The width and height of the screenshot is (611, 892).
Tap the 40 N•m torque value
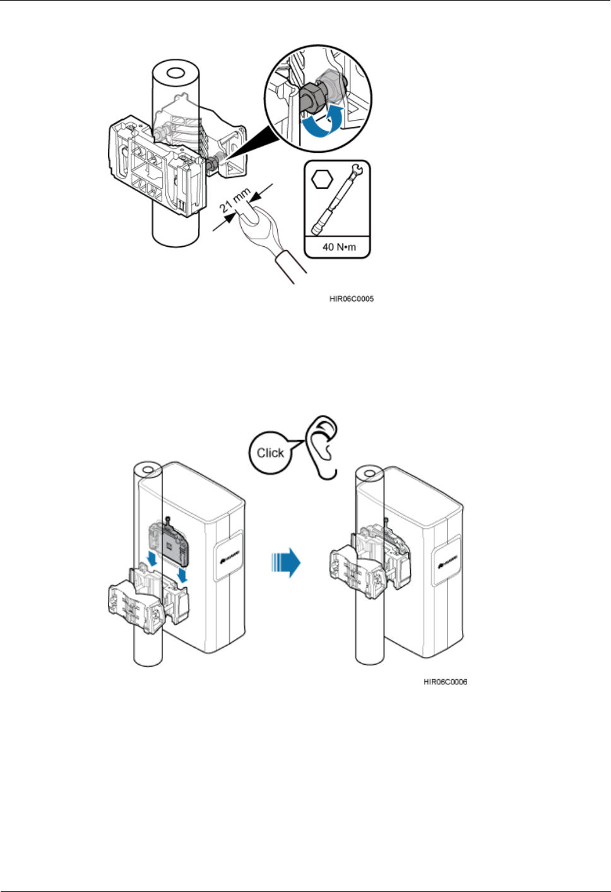click(x=339, y=247)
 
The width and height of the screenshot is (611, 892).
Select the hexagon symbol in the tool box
click(x=323, y=179)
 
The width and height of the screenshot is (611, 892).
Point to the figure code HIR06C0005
click(x=352, y=299)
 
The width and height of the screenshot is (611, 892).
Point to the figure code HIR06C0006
click(x=446, y=682)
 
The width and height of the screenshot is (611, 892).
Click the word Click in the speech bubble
click(x=270, y=453)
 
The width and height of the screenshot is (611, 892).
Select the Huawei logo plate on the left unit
click(x=228, y=556)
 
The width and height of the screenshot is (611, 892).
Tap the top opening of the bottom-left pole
click(x=149, y=470)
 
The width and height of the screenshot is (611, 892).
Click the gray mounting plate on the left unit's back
click(x=167, y=542)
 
